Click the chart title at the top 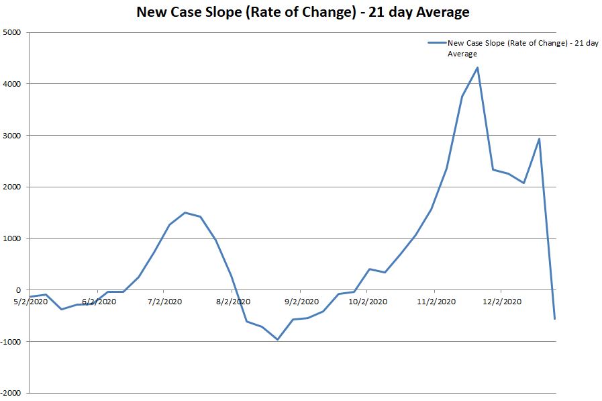tap(302, 12)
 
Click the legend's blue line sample tap(436, 42)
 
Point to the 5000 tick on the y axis tap(12, 32)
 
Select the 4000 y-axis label tap(12, 84)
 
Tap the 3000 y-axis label tap(12, 136)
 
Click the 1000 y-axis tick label tap(12, 238)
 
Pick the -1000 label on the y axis tap(11, 342)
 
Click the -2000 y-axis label tap(11, 394)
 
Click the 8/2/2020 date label tap(233, 302)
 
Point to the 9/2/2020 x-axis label tap(301, 302)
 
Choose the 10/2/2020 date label tap(368, 302)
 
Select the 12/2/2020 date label tap(502, 302)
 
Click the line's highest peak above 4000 tap(477, 67)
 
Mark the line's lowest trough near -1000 tap(277, 340)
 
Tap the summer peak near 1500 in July tap(185, 212)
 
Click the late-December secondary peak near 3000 tap(539, 139)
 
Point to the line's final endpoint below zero tap(554, 318)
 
